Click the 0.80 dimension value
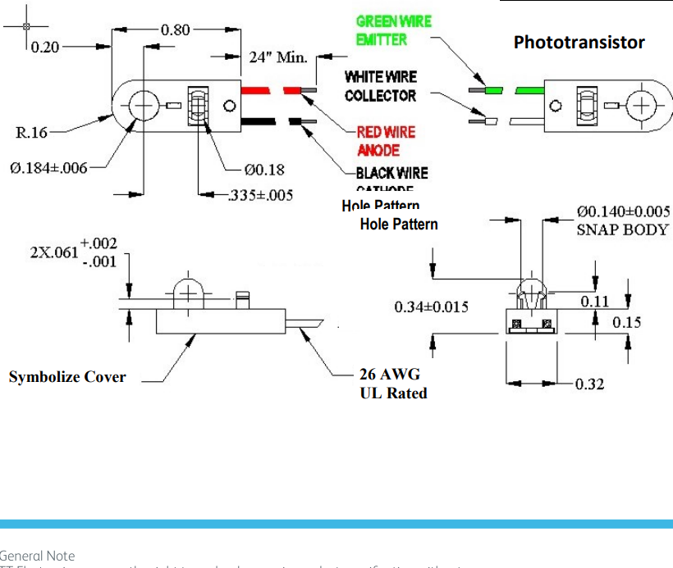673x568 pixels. [x=175, y=30]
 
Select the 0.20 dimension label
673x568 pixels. [x=45, y=47]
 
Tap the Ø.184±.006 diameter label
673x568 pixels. [x=48, y=168]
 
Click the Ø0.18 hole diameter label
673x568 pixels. [x=264, y=170]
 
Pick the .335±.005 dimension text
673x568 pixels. [x=260, y=196]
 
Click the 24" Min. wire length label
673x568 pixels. [x=278, y=57]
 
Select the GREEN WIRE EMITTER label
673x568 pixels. [x=393, y=30]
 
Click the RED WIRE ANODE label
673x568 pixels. [x=386, y=141]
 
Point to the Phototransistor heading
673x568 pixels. [x=579, y=43]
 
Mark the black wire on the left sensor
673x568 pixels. [x=259, y=122]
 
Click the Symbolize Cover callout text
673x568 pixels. [x=67, y=377]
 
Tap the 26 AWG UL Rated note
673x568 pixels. [x=393, y=384]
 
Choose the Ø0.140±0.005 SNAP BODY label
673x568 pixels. [x=622, y=220]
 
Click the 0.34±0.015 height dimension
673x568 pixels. [x=431, y=307]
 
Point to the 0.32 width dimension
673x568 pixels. [x=589, y=384]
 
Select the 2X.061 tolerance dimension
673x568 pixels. [x=74, y=252]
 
